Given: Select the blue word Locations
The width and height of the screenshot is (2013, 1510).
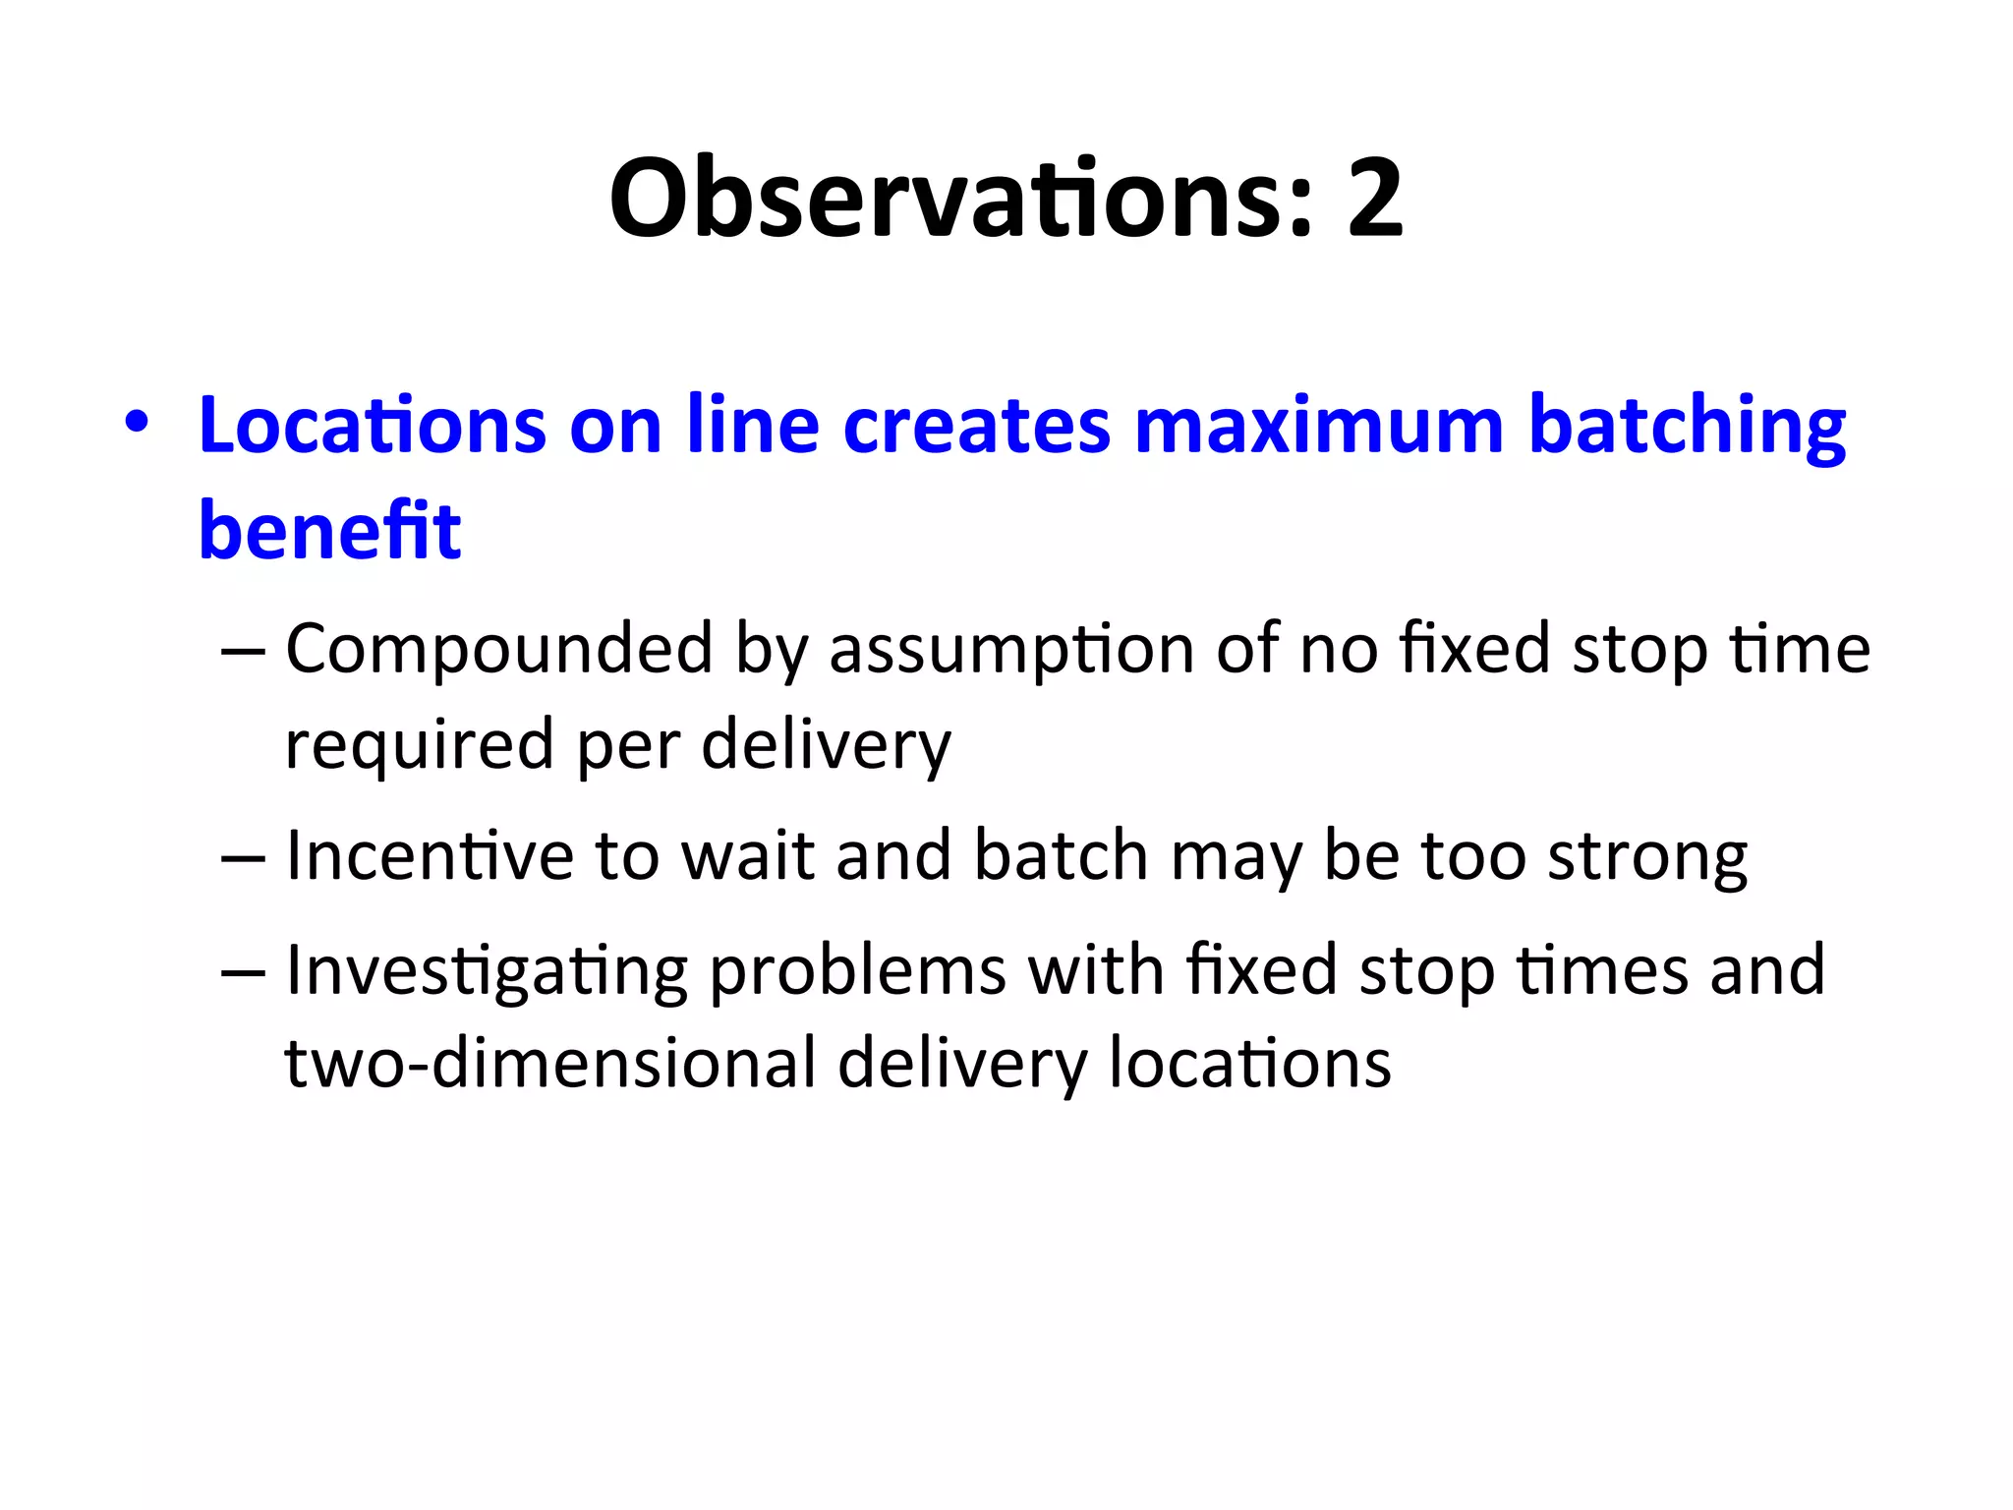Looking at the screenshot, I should tap(372, 425).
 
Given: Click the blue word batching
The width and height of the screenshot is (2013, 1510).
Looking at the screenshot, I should tap(1687, 427).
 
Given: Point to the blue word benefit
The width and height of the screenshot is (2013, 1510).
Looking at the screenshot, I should tap(329, 531).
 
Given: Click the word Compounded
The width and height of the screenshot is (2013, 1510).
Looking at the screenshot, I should tap(499, 650).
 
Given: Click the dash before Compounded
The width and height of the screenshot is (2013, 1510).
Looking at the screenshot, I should tap(243, 652).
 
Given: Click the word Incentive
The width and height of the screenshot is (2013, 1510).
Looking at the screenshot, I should tap(429, 855).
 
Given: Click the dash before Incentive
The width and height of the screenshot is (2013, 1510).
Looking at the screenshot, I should tap(243, 858).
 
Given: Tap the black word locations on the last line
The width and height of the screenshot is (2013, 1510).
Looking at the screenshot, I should tap(1249, 1064).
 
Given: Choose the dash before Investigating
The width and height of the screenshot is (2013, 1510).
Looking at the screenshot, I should tap(243, 972).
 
